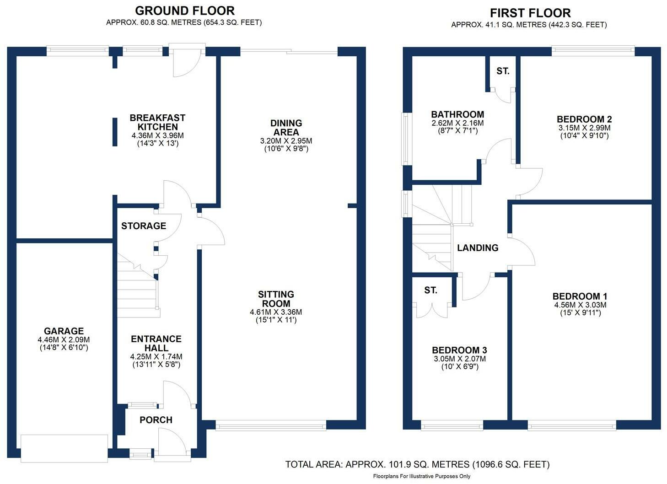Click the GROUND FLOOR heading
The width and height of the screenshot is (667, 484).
coord(184,11)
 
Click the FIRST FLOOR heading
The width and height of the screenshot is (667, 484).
coord(530,13)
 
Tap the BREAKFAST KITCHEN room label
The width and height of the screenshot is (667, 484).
coord(157,122)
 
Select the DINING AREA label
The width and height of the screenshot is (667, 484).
coord(286,127)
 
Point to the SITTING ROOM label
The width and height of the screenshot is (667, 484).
coord(276,299)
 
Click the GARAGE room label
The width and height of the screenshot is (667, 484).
coord(64,331)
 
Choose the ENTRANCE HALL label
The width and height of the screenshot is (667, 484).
coord(156,343)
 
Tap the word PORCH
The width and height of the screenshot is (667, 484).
coord(156,420)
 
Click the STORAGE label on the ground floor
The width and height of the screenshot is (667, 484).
coord(144,226)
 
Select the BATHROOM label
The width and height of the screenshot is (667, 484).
coord(457,114)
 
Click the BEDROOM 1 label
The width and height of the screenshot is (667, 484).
coord(580,296)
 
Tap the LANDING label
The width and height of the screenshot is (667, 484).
coord(478,248)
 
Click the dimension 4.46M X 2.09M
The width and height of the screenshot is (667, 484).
coord(64,340)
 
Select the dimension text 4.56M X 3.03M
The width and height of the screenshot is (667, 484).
coord(580,305)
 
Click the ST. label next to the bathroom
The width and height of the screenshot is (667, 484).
coord(503,71)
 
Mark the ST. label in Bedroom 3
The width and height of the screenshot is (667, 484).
coord(430,290)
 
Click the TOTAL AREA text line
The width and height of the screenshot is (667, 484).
coord(417,465)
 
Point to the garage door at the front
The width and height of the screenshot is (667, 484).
coord(65,442)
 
